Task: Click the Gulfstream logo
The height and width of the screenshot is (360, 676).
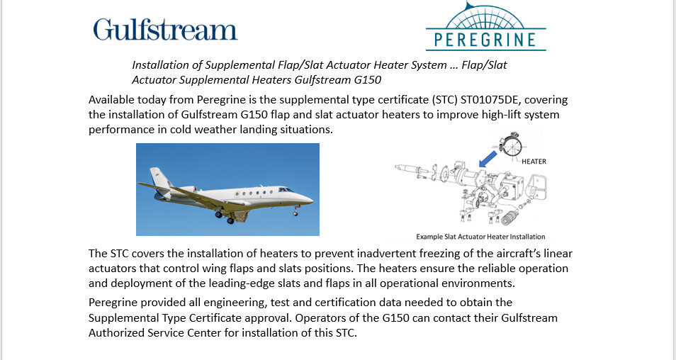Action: click(x=165, y=30)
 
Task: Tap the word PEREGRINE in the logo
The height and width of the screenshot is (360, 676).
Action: click(x=485, y=40)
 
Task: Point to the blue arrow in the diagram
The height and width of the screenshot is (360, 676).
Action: click(x=488, y=158)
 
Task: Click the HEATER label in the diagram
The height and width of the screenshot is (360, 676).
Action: click(x=534, y=162)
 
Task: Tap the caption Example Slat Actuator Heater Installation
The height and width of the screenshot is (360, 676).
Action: click(x=480, y=237)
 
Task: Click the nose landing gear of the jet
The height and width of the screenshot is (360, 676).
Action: click(x=296, y=210)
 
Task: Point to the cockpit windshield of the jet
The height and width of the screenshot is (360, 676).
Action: click(x=286, y=190)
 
